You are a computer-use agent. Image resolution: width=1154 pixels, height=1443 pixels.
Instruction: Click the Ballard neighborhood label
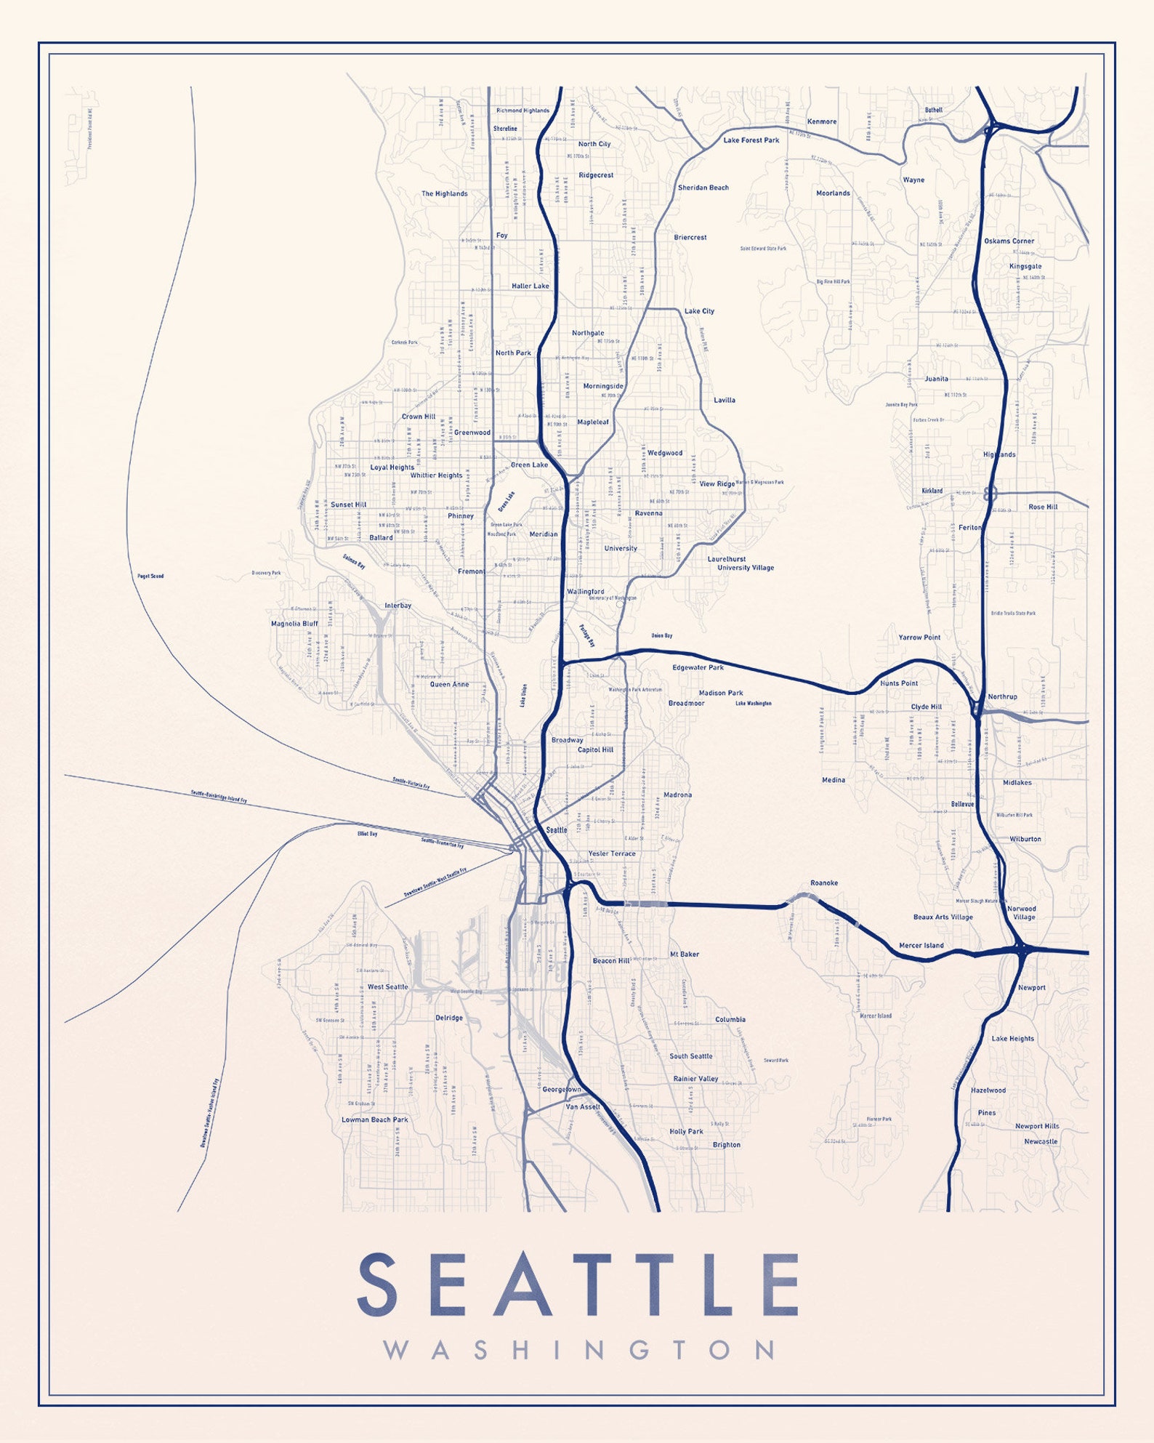pos(381,538)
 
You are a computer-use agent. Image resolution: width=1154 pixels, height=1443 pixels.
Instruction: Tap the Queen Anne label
pos(449,684)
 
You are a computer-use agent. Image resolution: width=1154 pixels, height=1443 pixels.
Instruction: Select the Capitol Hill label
pos(595,749)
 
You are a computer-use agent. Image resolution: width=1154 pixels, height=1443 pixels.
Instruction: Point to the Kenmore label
pos(821,121)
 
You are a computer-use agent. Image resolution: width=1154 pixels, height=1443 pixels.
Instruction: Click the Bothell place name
pos(933,110)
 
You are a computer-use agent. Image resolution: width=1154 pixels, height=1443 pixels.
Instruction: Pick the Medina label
pos(833,780)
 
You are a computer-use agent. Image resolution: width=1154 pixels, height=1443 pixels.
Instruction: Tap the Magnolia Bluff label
pos(294,624)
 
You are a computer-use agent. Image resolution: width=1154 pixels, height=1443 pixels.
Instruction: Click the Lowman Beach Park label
pos(374,1120)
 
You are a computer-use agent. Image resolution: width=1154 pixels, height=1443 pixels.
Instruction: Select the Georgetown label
pos(562,1090)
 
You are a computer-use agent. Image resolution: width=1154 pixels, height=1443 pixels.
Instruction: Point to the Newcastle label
pos(1040,1141)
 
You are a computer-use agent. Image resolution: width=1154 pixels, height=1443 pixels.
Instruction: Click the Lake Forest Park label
pos(751,140)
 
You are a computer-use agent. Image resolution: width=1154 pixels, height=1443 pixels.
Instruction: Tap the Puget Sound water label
pos(150,576)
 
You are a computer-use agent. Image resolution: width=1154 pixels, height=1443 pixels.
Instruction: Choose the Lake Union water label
pos(524,695)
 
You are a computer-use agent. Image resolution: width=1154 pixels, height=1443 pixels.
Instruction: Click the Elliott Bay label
pos(367,834)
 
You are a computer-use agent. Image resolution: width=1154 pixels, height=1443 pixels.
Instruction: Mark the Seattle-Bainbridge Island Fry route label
pos(218,796)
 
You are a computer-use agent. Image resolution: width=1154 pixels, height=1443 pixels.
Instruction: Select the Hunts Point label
pos(898,683)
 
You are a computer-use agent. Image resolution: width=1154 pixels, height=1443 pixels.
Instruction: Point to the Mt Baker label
pos(684,954)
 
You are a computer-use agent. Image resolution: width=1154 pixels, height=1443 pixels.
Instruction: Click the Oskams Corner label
pos(1009,241)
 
